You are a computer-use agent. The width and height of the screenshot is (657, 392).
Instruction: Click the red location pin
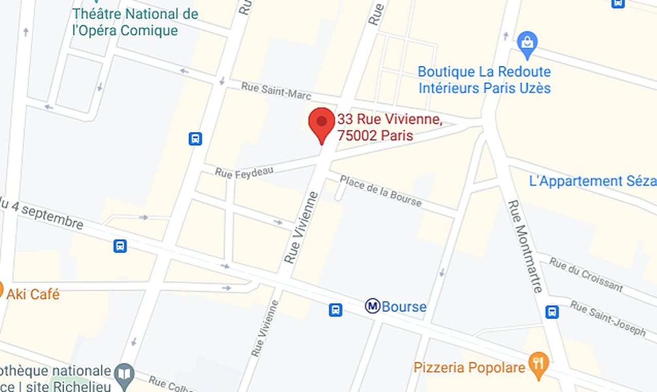[321, 123]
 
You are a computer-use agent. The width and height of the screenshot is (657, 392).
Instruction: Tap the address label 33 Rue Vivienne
[389, 127]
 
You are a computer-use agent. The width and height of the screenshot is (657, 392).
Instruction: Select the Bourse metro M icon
[373, 306]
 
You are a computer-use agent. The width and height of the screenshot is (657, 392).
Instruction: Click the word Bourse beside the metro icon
[404, 307]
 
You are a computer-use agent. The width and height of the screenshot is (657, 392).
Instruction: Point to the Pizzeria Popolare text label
[469, 367]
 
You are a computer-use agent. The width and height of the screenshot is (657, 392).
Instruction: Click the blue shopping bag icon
[527, 44]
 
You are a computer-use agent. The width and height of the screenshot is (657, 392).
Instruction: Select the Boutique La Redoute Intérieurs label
[484, 80]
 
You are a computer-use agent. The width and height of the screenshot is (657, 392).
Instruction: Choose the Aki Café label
[33, 294]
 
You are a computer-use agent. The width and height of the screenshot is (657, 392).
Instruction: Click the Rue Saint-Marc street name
[276, 91]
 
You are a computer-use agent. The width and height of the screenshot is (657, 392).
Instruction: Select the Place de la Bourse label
[380, 191]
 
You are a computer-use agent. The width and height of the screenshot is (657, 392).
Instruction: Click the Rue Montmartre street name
[525, 246]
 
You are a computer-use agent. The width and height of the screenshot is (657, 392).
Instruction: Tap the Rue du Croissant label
[586, 274]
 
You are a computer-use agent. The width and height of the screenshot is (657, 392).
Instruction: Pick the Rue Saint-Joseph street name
[608, 319]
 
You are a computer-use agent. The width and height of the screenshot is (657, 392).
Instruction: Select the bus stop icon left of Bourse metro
[335, 310]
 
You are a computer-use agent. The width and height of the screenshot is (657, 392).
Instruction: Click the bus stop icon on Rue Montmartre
[552, 312]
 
